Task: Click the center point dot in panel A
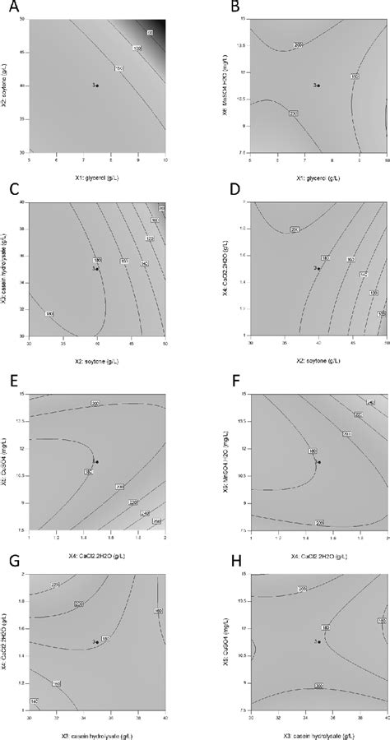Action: point(98,85)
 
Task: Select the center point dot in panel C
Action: point(98,268)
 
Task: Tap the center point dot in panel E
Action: point(98,462)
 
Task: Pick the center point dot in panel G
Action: point(98,642)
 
